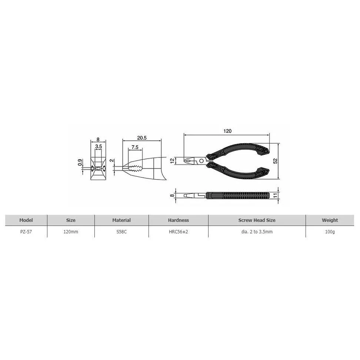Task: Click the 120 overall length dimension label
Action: click(x=227, y=131)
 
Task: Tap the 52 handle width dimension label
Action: click(x=276, y=161)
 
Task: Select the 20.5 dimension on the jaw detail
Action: click(x=141, y=138)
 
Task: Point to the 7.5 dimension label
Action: click(x=135, y=147)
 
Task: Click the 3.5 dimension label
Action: click(x=99, y=146)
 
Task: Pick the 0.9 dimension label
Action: click(x=80, y=162)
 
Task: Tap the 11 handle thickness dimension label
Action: click(x=275, y=196)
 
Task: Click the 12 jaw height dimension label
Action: click(x=173, y=161)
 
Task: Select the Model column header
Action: click(x=26, y=220)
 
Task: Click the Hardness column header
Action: click(x=179, y=220)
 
